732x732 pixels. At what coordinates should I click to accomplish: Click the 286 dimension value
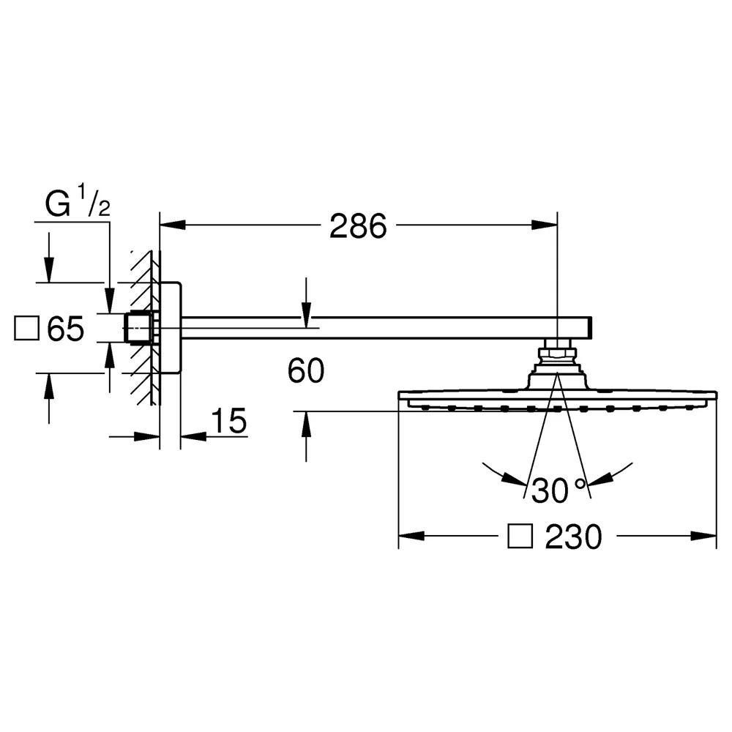pyautogui.click(x=358, y=226)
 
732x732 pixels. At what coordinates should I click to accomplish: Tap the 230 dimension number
pyautogui.click(x=573, y=537)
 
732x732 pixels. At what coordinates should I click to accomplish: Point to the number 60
pyautogui.click(x=305, y=370)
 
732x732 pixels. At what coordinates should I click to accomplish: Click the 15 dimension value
pyautogui.click(x=228, y=421)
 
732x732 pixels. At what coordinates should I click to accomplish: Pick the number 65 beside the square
pyautogui.click(x=65, y=329)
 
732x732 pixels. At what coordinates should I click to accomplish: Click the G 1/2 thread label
pyautogui.click(x=78, y=201)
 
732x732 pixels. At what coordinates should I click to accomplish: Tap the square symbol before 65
pyautogui.click(x=26, y=328)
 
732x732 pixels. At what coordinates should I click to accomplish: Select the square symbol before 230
pyautogui.click(x=520, y=536)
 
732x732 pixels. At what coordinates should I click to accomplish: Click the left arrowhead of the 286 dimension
pyautogui.click(x=173, y=225)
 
